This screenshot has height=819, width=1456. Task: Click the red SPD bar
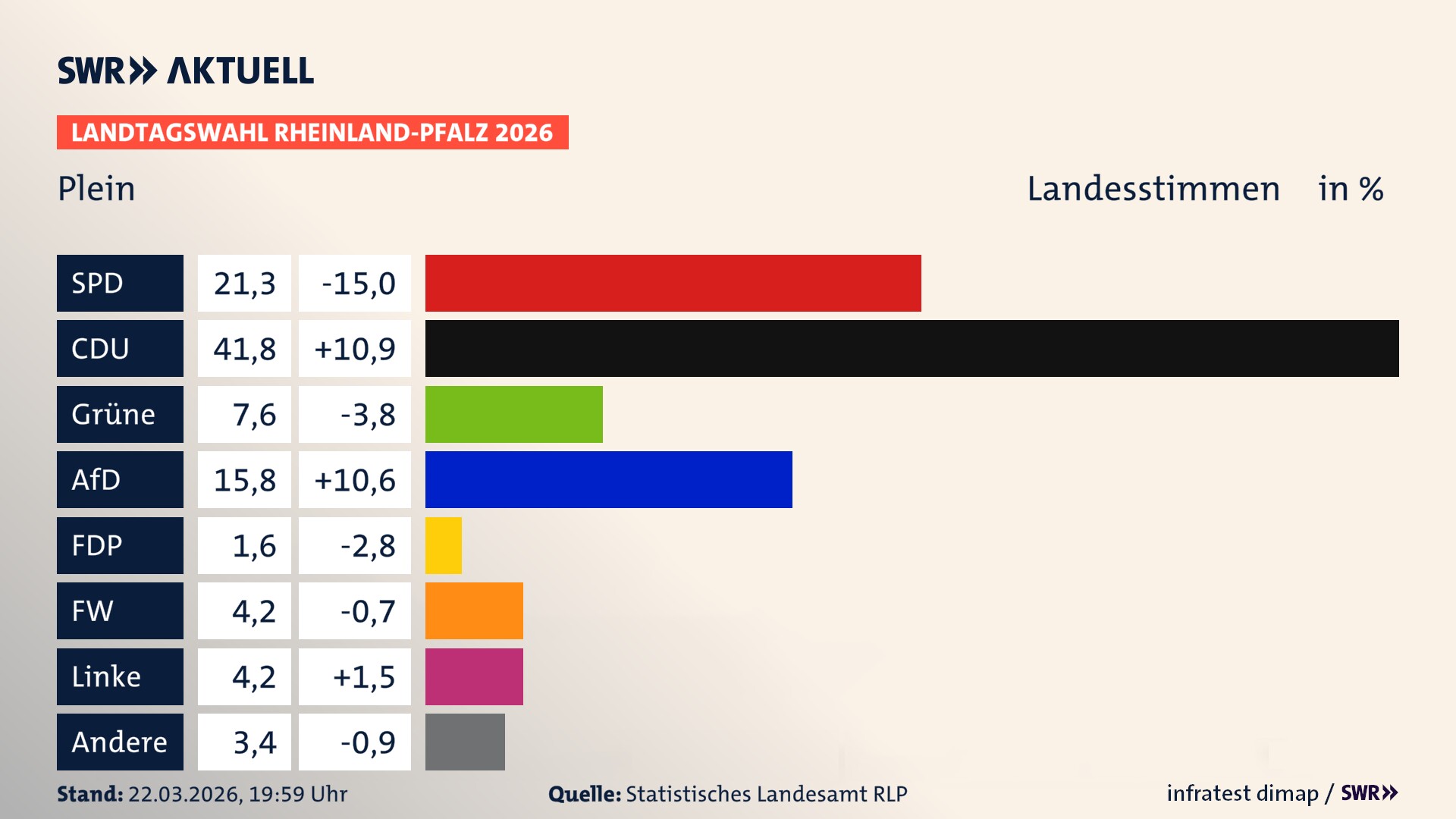673,283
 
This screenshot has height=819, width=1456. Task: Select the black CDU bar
912,348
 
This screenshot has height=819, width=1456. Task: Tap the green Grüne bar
513,414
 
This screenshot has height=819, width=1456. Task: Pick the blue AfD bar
608,479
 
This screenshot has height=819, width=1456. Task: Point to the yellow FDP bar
443,545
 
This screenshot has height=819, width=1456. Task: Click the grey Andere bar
465,742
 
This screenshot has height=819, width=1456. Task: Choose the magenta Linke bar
474,676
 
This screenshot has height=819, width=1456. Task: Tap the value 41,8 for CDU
244,349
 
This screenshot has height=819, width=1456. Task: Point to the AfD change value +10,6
355,480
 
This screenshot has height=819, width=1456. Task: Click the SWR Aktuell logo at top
186,71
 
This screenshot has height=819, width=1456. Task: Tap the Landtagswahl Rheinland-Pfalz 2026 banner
312,133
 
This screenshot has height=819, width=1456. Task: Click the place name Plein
96,189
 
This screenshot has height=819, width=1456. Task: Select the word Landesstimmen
1153,189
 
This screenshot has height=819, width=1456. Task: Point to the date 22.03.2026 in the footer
184,794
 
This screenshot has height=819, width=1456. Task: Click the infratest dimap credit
1242,793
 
